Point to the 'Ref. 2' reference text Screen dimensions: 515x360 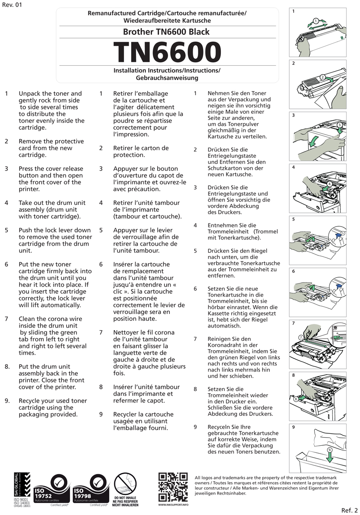point(349,509)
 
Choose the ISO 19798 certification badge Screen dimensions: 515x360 point(92,489)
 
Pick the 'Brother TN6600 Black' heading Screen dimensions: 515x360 point(166,32)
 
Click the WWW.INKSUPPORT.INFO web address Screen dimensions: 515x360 point(173,505)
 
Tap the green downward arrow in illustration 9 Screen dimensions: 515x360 point(329,455)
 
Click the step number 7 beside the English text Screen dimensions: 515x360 point(7,319)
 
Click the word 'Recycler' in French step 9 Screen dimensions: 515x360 point(128,415)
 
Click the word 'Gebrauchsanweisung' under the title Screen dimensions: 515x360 point(167,78)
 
